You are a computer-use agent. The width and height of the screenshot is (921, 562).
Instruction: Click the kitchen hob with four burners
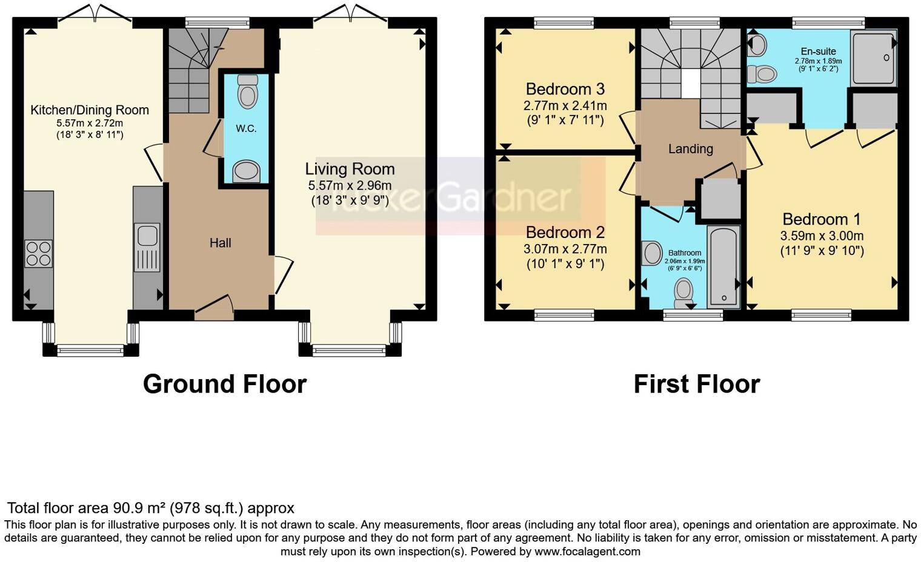(x=38, y=254)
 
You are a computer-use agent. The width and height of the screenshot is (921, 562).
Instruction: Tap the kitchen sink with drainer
(x=147, y=247)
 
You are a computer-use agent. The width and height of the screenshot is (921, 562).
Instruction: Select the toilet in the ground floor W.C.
(x=247, y=91)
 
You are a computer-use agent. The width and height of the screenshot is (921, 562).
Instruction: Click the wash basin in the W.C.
(x=246, y=171)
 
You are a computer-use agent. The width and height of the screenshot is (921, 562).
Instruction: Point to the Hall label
(x=220, y=243)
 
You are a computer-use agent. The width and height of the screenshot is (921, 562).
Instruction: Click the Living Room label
(x=350, y=169)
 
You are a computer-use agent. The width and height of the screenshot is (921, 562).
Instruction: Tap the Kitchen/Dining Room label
(x=90, y=110)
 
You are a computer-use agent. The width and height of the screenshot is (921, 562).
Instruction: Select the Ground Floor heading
(x=225, y=384)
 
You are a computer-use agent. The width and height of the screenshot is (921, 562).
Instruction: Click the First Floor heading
(x=696, y=384)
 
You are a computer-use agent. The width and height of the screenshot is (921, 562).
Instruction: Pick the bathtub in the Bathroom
(x=723, y=266)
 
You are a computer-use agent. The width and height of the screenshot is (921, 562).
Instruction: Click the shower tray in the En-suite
(x=874, y=58)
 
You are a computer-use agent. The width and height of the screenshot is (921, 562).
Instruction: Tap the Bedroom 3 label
(x=565, y=90)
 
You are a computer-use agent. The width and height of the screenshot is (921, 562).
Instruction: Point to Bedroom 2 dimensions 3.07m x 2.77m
(x=565, y=249)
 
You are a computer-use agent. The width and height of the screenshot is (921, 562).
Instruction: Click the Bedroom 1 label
(x=821, y=219)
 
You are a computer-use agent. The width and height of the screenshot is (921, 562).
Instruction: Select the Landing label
(x=690, y=149)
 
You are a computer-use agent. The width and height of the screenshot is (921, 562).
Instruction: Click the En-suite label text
(x=818, y=51)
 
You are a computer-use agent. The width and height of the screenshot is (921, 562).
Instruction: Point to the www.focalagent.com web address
(x=587, y=551)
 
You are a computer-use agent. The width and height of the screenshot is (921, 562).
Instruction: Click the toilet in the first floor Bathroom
(x=683, y=290)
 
